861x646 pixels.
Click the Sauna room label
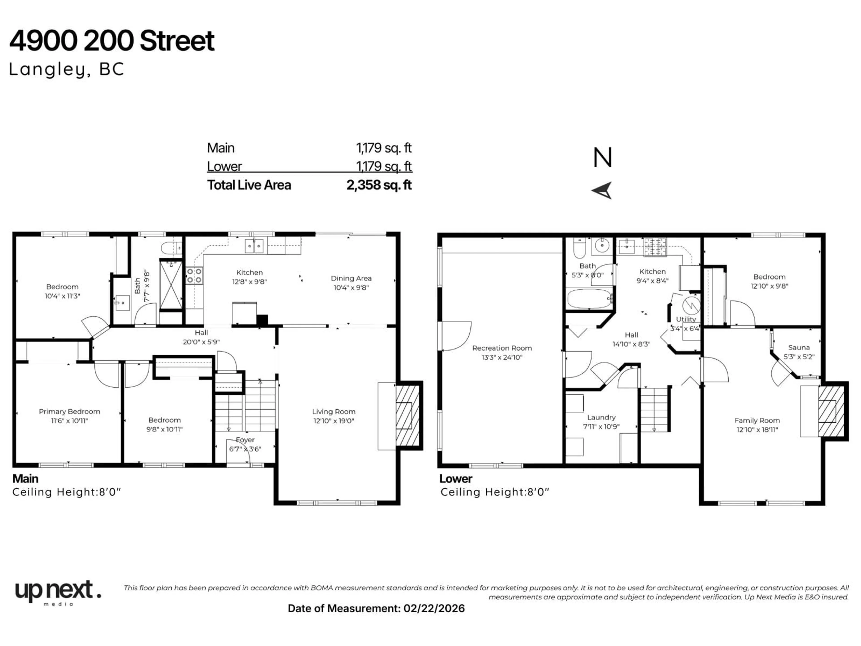tap(799, 347)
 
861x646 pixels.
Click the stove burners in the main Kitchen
tap(194, 275)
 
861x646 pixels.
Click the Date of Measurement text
tap(376, 609)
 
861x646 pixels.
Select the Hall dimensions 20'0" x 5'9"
tap(201, 342)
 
